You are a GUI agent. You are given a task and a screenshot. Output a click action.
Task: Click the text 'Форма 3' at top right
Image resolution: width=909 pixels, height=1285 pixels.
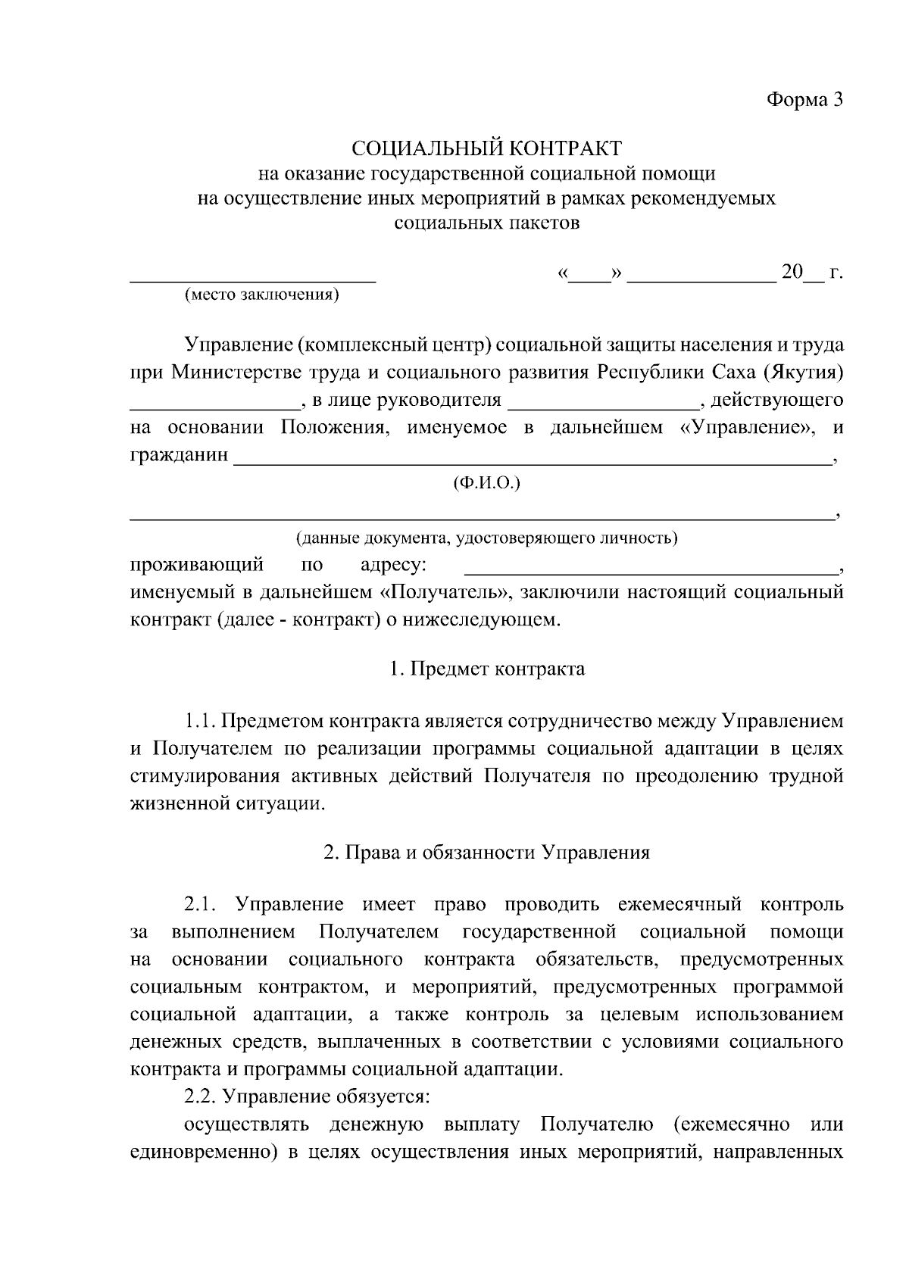(x=804, y=100)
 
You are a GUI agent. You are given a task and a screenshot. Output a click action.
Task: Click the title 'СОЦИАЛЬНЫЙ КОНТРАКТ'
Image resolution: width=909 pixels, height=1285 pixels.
(x=486, y=147)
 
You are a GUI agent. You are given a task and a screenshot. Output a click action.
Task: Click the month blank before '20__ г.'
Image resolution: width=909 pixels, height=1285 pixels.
(x=701, y=277)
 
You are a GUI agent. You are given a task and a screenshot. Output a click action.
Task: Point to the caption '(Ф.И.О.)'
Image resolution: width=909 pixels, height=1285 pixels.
(x=486, y=483)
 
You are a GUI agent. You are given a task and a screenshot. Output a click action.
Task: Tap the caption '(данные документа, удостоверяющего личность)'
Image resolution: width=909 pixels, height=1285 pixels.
(x=486, y=538)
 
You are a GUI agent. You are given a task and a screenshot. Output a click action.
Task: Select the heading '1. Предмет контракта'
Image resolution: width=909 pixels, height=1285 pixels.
(x=486, y=669)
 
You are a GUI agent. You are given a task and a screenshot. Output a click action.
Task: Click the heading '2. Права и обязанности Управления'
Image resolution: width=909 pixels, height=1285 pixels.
(x=486, y=853)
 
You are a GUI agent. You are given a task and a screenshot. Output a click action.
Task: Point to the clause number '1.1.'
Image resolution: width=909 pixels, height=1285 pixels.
(x=201, y=722)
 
